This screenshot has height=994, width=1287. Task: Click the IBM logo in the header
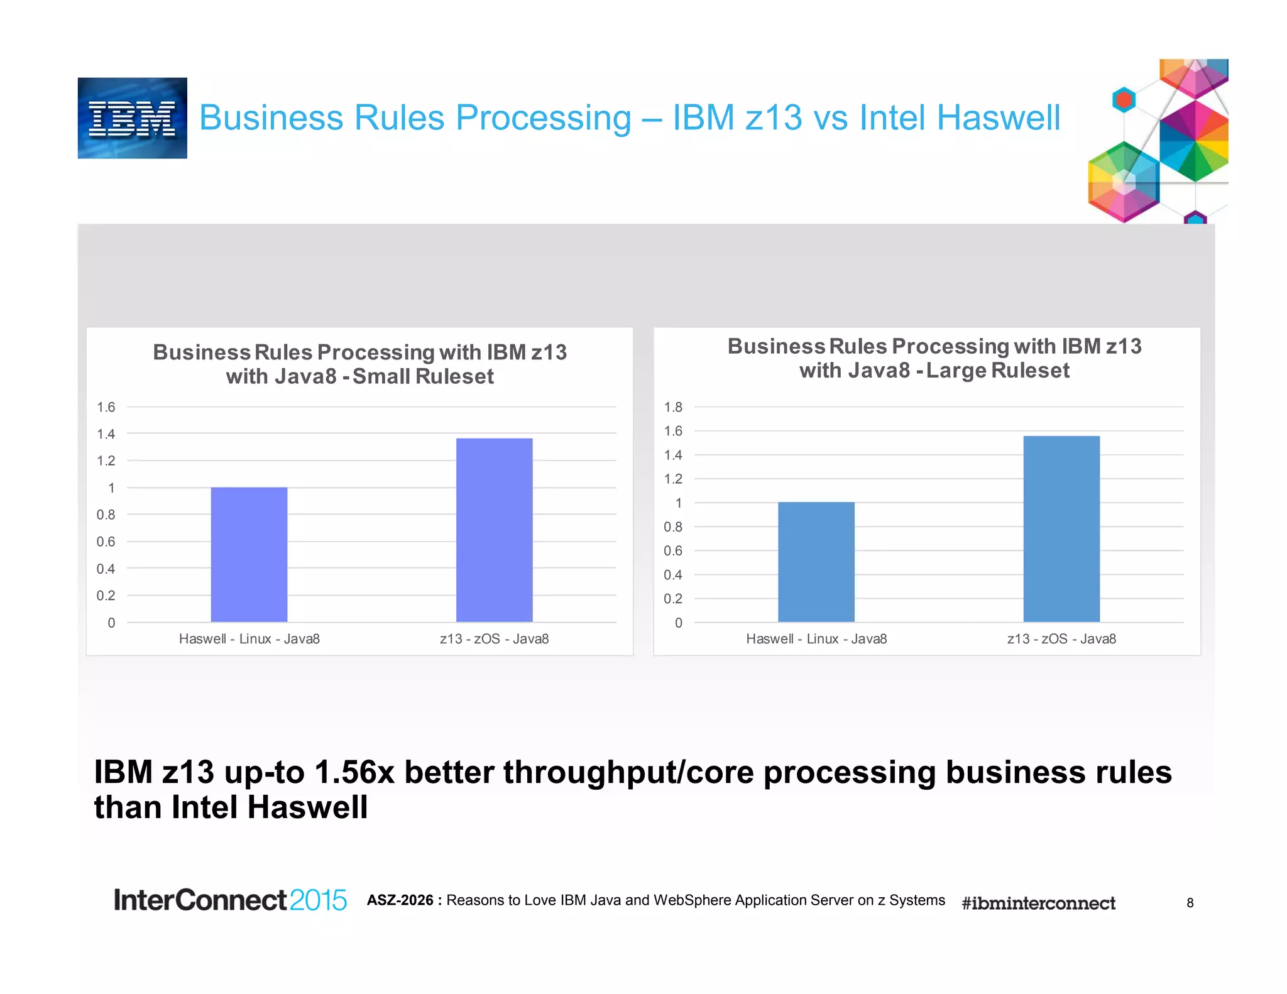[132, 118]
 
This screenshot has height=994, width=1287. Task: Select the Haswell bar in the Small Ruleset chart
[249, 554]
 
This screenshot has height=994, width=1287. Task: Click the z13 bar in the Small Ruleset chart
[494, 530]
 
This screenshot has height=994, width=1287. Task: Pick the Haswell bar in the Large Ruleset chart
[816, 562]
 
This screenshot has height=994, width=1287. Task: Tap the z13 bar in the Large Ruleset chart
[1061, 528]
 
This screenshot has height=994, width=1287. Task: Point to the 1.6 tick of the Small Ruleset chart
[106, 407]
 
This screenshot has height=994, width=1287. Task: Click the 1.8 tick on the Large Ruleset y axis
[673, 407]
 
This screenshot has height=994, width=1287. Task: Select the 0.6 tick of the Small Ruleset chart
[106, 542]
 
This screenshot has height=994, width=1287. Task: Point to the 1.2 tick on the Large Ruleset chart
[673, 479]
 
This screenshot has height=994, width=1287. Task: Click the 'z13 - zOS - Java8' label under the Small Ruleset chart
[494, 639]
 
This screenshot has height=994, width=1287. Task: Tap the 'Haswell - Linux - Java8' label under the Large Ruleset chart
[816, 639]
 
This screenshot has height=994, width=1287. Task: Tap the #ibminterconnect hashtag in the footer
[1038, 903]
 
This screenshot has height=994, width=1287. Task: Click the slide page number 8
[1190, 903]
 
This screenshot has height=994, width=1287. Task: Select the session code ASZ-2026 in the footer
[400, 900]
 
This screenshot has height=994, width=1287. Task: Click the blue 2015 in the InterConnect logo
[318, 900]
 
